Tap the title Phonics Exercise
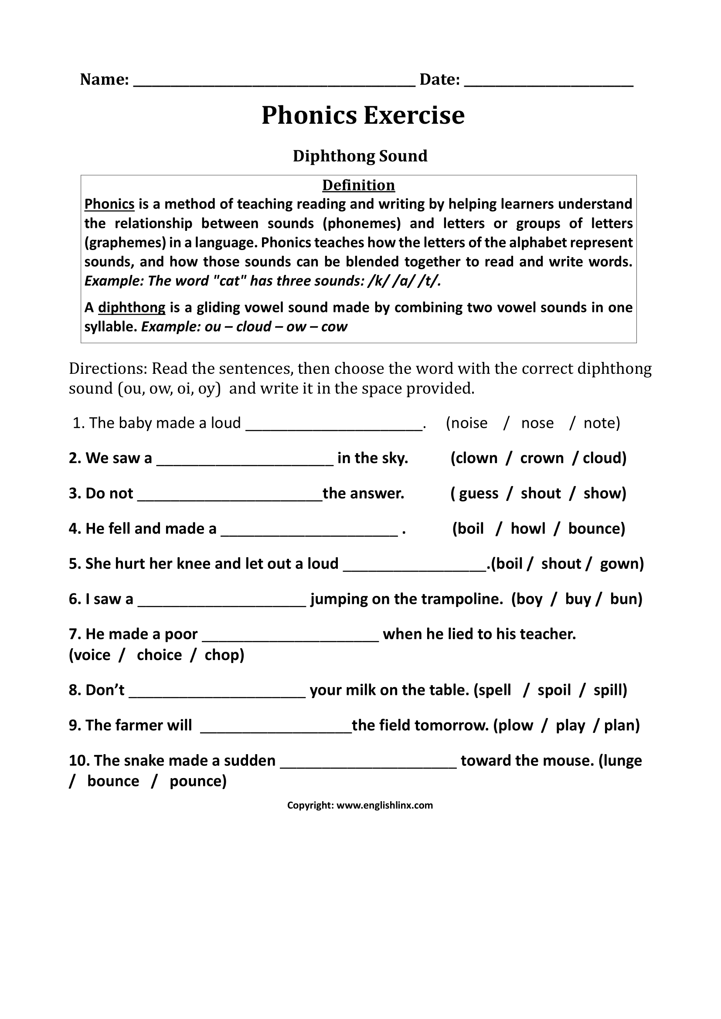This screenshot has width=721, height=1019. [363, 115]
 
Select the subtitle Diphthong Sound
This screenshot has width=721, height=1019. [360, 156]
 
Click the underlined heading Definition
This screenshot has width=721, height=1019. [358, 185]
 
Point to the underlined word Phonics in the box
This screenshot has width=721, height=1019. [109, 204]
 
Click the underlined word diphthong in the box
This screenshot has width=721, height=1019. [131, 308]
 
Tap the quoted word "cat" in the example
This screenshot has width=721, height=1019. [230, 281]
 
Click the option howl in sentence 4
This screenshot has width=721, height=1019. [528, 528]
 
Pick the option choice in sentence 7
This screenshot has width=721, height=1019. [159, 655]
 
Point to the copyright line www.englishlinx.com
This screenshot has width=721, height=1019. [384, 806]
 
